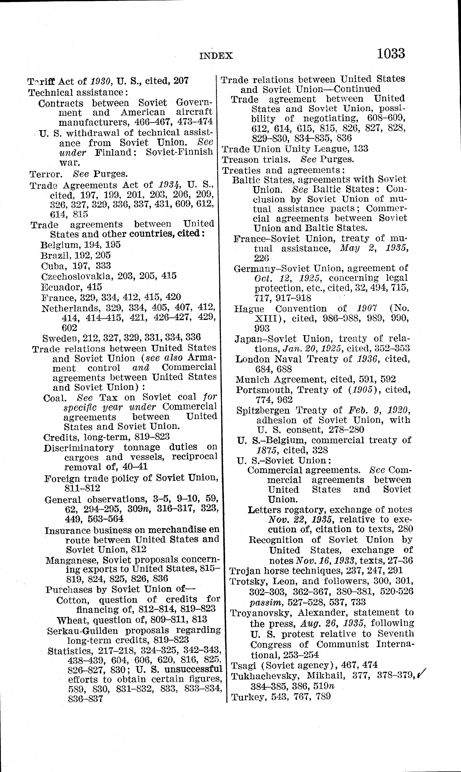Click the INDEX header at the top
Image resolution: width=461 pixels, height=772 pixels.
pyautogui.click(x=216, y=56)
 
